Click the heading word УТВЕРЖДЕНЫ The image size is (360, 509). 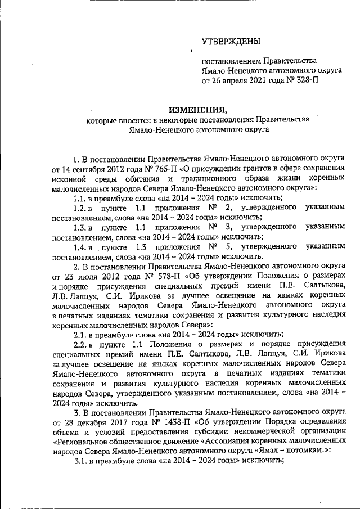pos(231,41)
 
